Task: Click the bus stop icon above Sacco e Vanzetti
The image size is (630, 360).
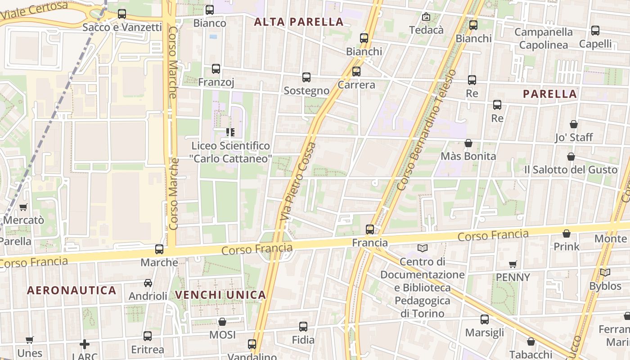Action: pos(122,14)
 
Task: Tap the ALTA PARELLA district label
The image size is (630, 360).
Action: pos(299,22)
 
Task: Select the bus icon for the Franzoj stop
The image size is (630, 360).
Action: pos(216,69)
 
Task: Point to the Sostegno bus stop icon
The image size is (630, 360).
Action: pos(306,77)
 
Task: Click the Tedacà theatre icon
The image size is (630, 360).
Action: pos(426,17)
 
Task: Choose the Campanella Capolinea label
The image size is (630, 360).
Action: pos(544,38)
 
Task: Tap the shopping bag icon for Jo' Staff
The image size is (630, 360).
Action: pos(574,124)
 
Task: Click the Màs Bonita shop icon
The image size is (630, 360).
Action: pos(468,143)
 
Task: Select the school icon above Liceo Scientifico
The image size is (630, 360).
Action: pos(230,132)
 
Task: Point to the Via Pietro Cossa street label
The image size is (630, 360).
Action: pos(298,181)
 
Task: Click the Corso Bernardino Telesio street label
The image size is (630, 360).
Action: pos(426,130)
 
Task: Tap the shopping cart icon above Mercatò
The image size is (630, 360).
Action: pos(23,207)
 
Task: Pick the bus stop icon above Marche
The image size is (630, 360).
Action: pos(159,249)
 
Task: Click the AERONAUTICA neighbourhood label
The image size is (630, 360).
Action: pos(72,290)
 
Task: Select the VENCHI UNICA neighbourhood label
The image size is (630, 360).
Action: pos(220,295)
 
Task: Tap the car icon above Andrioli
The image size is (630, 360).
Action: pos(148,283)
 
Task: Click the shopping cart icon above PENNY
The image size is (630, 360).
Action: pos(513,264)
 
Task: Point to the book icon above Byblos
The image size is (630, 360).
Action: pos(605,273)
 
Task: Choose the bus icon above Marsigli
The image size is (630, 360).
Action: pos(485,319)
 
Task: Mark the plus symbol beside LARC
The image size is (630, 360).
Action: pos(85,345)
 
